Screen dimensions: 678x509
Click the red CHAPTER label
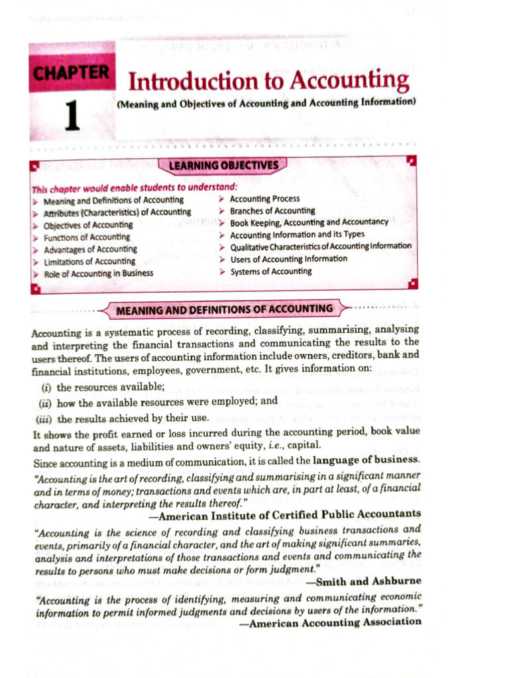coord(72,72)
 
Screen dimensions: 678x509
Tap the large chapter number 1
coord(72,113)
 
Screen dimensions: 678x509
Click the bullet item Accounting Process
coord(264,198)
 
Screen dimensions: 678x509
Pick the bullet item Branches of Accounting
coord(272,211)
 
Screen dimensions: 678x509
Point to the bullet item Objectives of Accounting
coord(87,225)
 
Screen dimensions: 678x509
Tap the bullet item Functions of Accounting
coord(86,237)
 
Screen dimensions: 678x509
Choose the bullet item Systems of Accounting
coord(270,271)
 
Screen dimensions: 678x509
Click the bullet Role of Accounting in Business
coord(98,273)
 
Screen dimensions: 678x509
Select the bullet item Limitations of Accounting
coord(89,262)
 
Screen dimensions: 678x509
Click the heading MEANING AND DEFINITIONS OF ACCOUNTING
coord(224,309)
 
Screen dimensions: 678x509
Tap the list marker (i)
coord(45,387)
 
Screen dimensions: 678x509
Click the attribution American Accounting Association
coord(335,622)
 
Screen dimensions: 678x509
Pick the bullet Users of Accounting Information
coord(288,259)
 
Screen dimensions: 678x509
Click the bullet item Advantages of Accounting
coord(90,250)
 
